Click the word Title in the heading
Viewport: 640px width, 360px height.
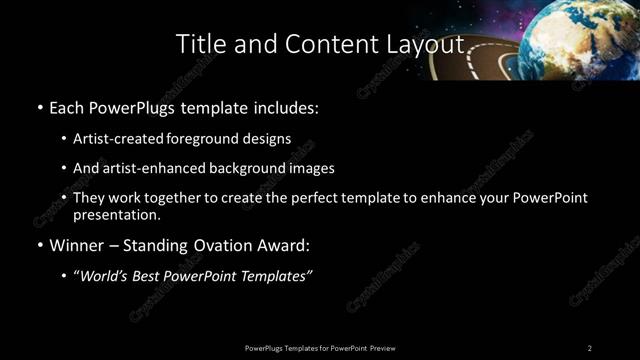pyautogui.click(x=197, y=44)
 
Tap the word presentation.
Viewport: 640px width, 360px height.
pyautogui.click(x=116, y=215)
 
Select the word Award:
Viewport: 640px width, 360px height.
pyautogui.click(x=282, y=245)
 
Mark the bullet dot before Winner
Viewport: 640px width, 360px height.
pyautogui.click(x=39, y=246)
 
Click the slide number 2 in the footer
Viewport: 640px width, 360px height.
pyautogui.click(x=589, y=347)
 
